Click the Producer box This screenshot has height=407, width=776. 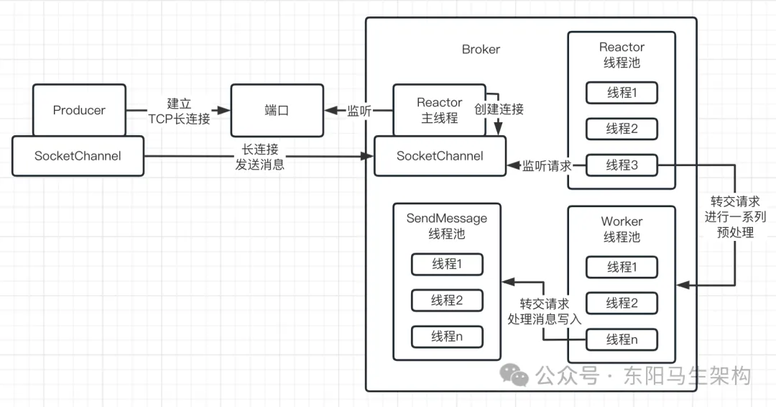[79, 110]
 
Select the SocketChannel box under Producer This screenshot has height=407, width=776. [78, 155]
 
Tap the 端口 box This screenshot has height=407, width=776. [277, 110]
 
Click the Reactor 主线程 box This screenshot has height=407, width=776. [439, 110]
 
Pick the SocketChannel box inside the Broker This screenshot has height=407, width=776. [440, 155]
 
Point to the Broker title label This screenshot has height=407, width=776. [481, 50]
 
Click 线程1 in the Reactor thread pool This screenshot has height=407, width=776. [622, 93]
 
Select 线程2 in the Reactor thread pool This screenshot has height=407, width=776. [622, 129]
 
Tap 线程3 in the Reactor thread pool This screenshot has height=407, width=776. [622, 165]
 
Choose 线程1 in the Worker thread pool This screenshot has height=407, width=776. [622, 267]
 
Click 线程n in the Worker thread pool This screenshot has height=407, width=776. [622, 339]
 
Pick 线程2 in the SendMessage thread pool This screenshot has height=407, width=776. [447, 300]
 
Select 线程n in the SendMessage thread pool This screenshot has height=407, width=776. [447, 336]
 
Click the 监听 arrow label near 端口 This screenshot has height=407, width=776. [359, 111]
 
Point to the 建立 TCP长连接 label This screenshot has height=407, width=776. [179, 111]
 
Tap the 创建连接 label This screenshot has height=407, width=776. [499, 109]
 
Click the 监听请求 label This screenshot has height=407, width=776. [546, 165]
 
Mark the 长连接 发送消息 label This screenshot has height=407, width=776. [259, 157]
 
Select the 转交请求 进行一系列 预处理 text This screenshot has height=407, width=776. [734, 216]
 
